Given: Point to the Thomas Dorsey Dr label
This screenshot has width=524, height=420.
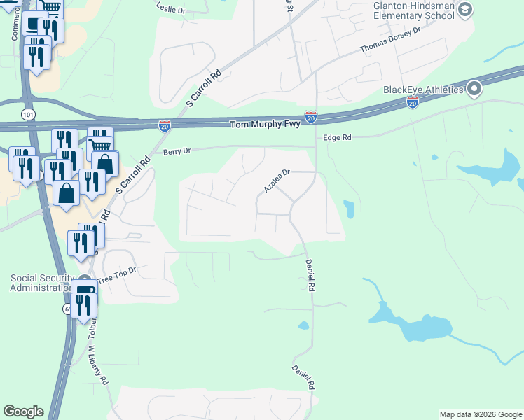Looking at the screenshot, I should point(389,40).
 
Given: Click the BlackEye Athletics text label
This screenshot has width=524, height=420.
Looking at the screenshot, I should point(422,90).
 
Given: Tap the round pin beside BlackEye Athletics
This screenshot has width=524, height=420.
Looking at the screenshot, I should point(474,89).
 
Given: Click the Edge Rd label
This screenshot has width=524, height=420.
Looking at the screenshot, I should point(337,138).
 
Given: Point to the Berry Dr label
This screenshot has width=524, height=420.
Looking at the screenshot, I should point(177,150).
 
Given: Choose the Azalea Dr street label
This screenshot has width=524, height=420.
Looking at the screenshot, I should point(277,181).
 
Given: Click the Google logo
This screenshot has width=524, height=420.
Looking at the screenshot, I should point(23,412).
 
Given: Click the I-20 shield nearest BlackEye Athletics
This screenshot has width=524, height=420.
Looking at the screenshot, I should point(413,103).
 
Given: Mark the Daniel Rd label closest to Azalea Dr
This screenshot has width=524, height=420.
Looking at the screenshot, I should point(310,275).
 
